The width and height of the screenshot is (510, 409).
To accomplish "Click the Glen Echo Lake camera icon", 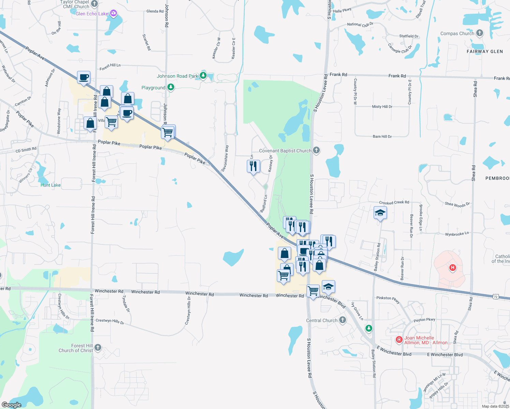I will click(x=114, y=14).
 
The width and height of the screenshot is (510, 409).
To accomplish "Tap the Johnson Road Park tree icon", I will click(x=203, y=75).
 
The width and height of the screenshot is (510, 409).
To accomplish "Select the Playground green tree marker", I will click(x=171, y=87).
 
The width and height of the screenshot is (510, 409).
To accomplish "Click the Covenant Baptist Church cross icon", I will click(x=316, y=150).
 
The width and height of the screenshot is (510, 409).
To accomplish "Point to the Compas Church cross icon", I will click(x=480, y=33).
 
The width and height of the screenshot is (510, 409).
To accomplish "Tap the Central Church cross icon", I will click(x=343, y=320).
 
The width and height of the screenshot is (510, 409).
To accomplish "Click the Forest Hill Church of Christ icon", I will click(x=97, y=348).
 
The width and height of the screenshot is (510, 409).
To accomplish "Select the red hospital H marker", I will click(x=453, y=268).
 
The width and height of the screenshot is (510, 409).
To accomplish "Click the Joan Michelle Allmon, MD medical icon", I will click(x=399, y=339).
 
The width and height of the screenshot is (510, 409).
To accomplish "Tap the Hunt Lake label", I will click(x=50, y=185).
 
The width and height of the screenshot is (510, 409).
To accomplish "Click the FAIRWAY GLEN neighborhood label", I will click(x=484, y=51).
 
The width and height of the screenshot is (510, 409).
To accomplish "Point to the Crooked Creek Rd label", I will click(x=394, y=202).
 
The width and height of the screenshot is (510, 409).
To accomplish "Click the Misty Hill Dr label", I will click(x=382, y=107).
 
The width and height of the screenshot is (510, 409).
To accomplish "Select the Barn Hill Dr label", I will click(x=382, y=137).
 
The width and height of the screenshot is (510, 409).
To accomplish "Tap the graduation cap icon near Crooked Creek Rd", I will click(x=380, y=213).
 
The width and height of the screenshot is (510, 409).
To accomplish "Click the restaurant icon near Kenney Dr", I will click(x=253, y=166).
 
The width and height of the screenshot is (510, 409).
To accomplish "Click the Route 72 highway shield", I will click(x=496, y=297).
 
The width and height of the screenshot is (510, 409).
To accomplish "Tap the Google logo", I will click(x=12, y=405).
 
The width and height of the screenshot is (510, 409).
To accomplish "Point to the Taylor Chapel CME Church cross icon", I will click(x=94, y=4).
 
